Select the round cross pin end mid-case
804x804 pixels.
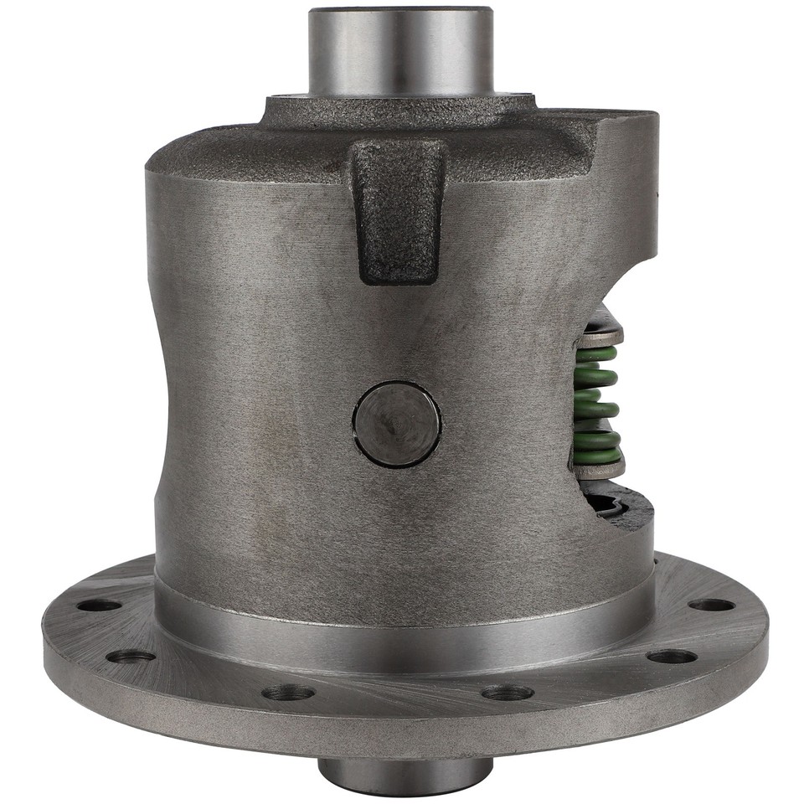click(x=396, y=424)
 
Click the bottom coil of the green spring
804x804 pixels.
click(x=597, y=456)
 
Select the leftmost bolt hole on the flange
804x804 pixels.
click(x=100, y=605)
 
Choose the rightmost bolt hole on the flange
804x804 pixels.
click(x=711, y=605)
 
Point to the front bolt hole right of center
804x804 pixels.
click(x=508, y=693)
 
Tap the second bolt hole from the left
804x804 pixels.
click(x=131, y=656)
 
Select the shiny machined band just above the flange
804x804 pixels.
click(x=402, y=624)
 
